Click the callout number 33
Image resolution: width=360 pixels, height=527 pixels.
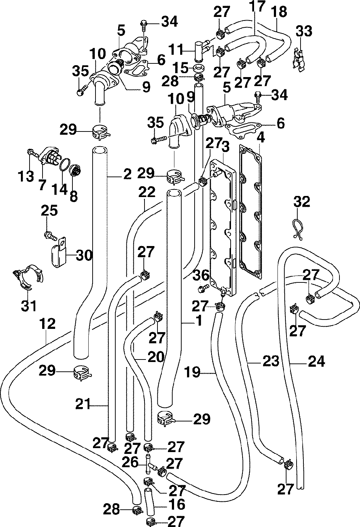tap(304, 31)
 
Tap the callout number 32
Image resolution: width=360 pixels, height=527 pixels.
tap(302, 202)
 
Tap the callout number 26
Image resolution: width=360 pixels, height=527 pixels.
tap(130, 462)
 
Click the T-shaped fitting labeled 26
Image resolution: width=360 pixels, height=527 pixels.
tap(149, 463)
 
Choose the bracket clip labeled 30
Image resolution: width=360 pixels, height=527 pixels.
tap(59, 252)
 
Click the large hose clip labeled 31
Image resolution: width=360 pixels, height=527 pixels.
tap(28, 278)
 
